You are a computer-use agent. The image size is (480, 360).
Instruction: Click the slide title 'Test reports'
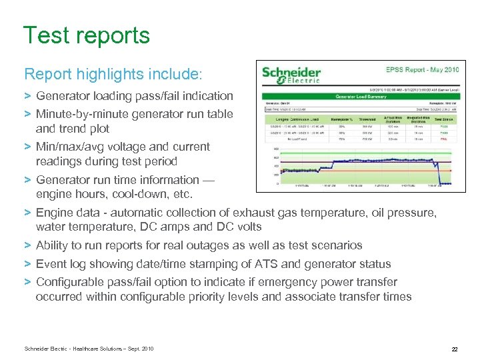point(87,35)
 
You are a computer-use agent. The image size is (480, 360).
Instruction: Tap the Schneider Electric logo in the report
point(291,75)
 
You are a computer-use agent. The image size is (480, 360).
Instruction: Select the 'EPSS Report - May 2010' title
point(423,69)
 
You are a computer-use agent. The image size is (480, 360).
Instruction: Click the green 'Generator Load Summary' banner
point(360,97)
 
